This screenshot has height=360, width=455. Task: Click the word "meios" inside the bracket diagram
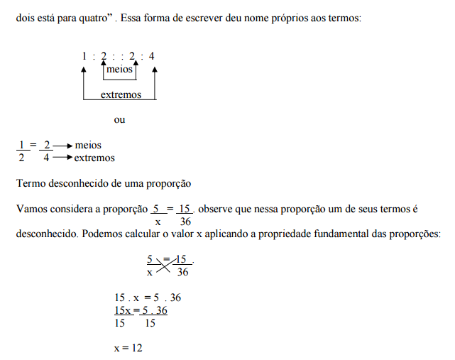tap(119, 70)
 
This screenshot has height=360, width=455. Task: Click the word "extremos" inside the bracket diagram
tap(121, 94)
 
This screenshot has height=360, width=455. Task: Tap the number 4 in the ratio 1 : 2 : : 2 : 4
tap(151, 56)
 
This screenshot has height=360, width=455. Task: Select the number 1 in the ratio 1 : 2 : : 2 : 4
tap(84, 56)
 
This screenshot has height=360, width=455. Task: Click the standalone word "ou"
tap(119, 119)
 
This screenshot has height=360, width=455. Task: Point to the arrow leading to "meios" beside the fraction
tap(62, 146)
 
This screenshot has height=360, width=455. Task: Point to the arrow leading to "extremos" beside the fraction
tap(62, 158)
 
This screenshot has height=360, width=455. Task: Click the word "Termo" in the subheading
tap(30, 183)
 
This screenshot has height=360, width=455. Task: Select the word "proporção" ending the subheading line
tap(169, 183)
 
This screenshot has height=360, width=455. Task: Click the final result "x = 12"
tap(128, 349)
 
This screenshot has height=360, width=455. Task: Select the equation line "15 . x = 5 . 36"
tap(142, 298)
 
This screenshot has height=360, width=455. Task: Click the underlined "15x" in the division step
tap(122, 310)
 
